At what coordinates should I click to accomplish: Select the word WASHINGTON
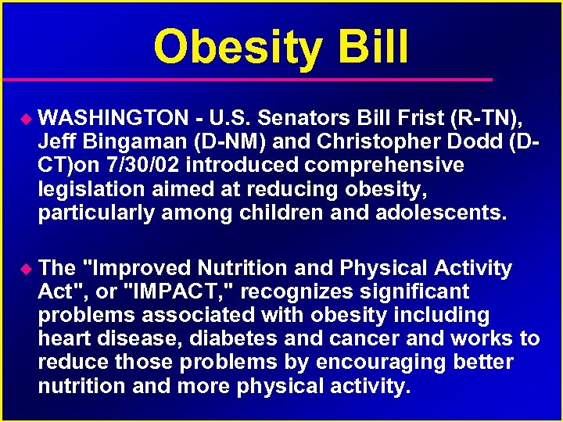point(113,118)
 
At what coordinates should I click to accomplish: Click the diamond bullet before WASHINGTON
point(25,119)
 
